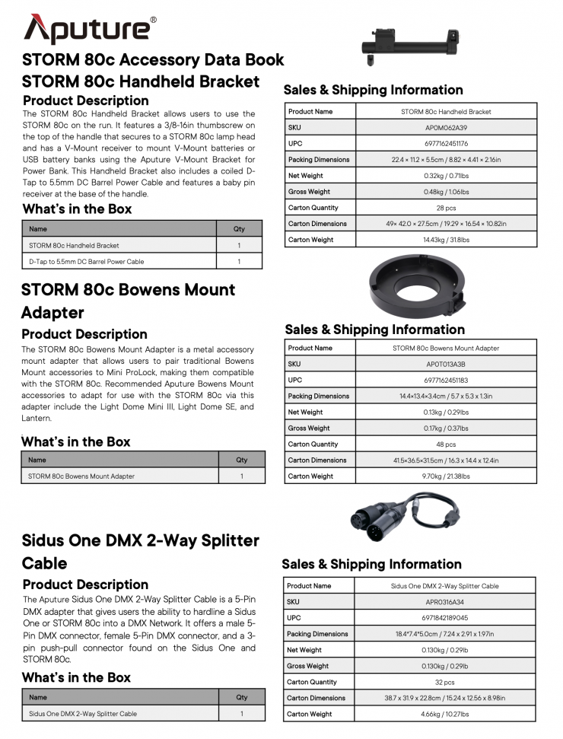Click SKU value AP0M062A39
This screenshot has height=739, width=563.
446,128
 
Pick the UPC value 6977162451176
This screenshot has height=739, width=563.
446,144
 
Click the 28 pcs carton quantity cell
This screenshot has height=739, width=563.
446,208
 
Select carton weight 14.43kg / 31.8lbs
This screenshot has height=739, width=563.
446,240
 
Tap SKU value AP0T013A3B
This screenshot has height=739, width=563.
446,365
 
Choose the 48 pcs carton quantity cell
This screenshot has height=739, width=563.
446,444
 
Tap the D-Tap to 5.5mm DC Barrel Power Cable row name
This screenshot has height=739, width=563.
87,262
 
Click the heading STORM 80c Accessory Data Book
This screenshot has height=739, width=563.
153,59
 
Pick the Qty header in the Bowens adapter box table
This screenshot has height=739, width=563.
241,460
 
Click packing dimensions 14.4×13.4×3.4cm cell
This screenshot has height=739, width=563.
446,397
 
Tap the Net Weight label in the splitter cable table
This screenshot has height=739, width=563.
304,650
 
